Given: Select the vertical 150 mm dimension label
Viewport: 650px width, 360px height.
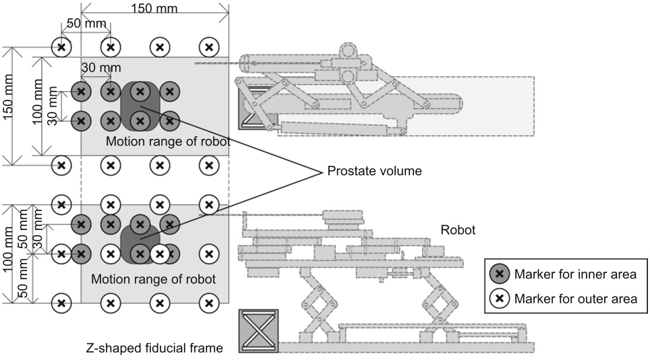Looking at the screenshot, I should click(9, 105).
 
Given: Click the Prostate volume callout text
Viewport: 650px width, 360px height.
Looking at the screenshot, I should click(374, 171).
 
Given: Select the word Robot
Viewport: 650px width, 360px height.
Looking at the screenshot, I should click(458, 230).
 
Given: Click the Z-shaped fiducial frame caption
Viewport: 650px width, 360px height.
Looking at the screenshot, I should click(154, 348).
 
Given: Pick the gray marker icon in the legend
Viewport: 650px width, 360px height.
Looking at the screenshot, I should click(500, 274).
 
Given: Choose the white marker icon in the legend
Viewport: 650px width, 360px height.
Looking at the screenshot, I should click(500, 297).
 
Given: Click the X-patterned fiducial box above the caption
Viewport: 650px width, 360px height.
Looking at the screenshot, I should click(258, 331).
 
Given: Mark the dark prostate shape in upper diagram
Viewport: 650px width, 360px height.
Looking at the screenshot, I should click(139, 107).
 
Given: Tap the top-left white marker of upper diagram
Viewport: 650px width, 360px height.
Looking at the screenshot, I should click(62, 47).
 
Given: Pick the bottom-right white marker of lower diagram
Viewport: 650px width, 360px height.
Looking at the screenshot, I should click(210, 303).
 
